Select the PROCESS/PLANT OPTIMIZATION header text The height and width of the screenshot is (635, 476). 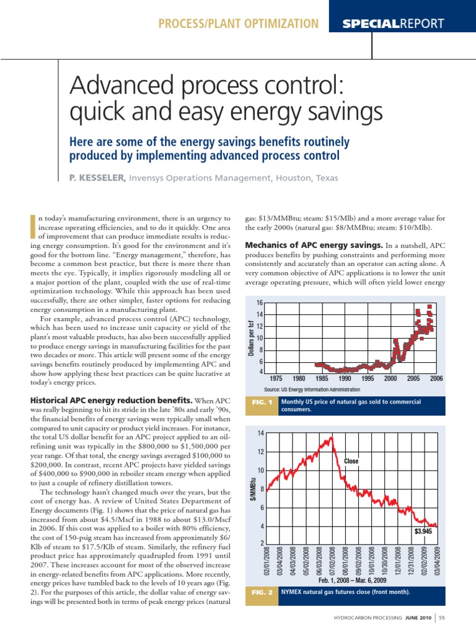[x=239, y=24]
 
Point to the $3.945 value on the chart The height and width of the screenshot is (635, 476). [x=424, y=531]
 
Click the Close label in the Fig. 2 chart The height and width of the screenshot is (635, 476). [x=351, y=461]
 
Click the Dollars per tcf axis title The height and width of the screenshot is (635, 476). [x=251, y=337]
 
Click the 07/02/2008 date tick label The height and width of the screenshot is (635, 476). [x=332, y=559]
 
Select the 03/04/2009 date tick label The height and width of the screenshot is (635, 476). [x=436, y=559]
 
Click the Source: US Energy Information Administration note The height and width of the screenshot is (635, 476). [x=312, y=389]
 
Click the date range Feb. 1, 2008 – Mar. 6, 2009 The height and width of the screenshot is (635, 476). [x=352, y=580]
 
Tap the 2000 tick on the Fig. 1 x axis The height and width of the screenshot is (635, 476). [x=390, y=378]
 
